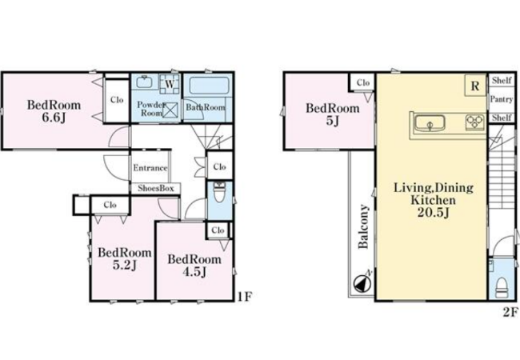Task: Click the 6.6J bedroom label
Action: [54, 111]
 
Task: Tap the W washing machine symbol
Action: [170, 83]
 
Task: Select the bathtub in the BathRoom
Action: [209, 86]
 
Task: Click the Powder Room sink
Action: [144, 82]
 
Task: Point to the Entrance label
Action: [150, 168]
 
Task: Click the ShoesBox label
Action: [156, 188]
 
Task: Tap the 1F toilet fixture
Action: [219, 192]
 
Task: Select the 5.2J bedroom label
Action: [125, 258]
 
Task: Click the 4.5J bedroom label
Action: [194, 265]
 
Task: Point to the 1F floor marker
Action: [245, 296]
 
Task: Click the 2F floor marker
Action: [510, 312]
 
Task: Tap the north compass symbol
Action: [362, 284]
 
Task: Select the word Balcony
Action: [363, 226]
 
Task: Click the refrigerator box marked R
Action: [475, 86]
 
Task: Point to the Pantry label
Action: [502, 98]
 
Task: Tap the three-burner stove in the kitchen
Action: [475, 122]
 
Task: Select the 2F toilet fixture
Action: [502, 287]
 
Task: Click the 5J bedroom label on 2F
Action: [332, 114]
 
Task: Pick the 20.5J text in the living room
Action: [434, 212]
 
